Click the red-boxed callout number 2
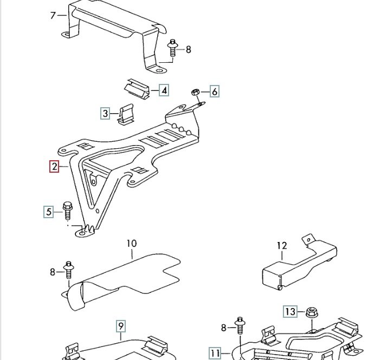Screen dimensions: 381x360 point(54,167)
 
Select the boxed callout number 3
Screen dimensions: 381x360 point(105,113)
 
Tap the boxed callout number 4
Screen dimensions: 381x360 point(164,90)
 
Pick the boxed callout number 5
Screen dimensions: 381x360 point(49,212)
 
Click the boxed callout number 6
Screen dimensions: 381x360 point(214,92)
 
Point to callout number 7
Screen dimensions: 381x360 point(53,16)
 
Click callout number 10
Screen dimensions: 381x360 point(132,243)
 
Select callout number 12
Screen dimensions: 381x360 point(282,246)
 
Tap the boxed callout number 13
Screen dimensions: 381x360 point(290,311)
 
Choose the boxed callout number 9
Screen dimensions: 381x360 point(121,326)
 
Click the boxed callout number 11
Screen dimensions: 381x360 point(215,353)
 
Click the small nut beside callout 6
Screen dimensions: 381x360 point(195,92)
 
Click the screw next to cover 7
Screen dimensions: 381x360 point(172,48)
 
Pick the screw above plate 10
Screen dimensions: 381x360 point(68,270)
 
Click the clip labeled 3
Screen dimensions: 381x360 point(126,114)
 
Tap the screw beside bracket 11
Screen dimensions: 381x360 point(240,326)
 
